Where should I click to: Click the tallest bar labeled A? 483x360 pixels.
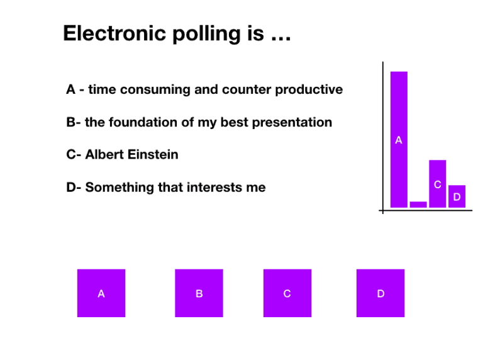tap(399, 139)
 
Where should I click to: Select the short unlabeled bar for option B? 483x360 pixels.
tap(418, 204)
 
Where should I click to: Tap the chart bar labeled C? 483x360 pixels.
tap(437, 184)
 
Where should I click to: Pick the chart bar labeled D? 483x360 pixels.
tap(457, 196)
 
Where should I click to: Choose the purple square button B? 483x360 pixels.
tap(199, 293)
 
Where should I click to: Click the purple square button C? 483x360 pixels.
tap(287, 293)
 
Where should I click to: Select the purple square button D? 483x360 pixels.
tap(380, 293)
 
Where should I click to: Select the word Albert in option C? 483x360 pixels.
tap(105, 154)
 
